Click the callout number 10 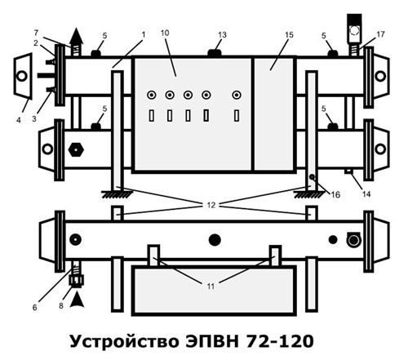(165, 33)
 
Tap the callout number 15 (290, 35)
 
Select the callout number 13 (222, 35)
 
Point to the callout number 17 (380, 34)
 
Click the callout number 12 (211, 205)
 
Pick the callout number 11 (211, 287)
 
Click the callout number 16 (335, 194)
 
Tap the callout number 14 (366, 194)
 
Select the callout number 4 (19, 120)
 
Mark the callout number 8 (61, 306)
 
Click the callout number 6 (34, 308)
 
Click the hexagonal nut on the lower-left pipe (76, 149)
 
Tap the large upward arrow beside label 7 (77, 42)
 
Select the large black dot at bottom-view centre (215, 240)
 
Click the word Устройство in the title (124, 342)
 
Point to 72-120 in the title (280, 341)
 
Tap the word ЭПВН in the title (212, 341)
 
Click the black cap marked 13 (215, 53)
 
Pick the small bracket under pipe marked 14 (348, 171)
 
